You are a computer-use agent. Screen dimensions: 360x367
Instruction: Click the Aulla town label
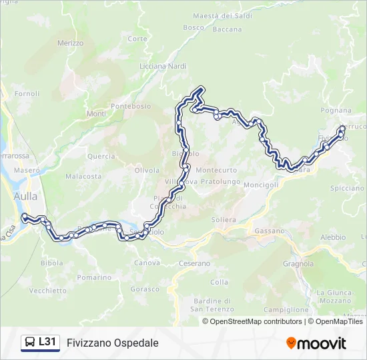25,196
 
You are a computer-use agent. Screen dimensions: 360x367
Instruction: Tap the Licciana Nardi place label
163,65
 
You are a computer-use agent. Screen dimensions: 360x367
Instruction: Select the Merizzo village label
70,43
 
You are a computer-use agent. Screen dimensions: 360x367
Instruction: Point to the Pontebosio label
131,106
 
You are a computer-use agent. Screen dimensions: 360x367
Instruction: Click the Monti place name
96,114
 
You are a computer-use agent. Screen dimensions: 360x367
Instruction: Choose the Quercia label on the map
101,156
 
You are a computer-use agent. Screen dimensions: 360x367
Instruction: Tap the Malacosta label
83,177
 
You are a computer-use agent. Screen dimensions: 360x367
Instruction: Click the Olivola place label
147,170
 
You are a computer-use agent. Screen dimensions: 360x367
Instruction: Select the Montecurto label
217,170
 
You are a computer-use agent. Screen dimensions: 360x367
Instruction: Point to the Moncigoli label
261,185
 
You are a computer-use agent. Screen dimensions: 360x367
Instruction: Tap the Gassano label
270,231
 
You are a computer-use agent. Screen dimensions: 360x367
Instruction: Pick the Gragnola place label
298,263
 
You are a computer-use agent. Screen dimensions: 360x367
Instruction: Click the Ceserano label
194,264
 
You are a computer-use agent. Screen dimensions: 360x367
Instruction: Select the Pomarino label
93,277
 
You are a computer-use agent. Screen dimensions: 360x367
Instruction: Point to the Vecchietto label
48,291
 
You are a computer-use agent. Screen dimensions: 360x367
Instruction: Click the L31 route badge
40,343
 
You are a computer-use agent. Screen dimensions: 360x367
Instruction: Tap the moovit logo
316,343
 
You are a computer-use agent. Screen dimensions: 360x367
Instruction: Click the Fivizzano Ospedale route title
112,343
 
